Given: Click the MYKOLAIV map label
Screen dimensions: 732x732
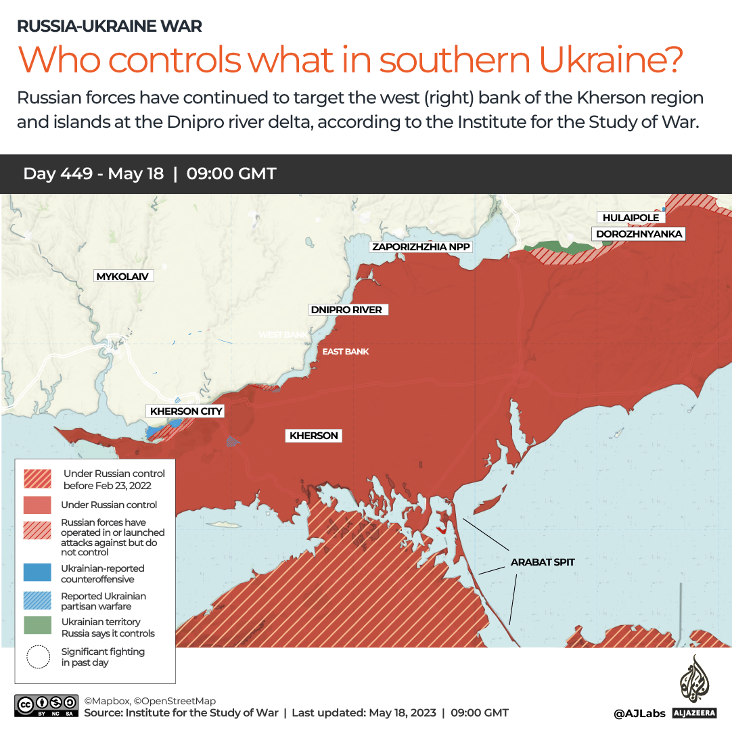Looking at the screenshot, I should pyautogui.click(x=122, y=276).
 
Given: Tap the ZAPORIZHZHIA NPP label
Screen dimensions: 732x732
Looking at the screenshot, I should pyautogui.click(x=421, y=247).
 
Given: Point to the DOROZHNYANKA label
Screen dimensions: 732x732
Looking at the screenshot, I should pyautogui.click(x=639, y=234).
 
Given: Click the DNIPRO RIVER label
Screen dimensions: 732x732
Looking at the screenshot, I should pyautogui.click(x=346, y=310).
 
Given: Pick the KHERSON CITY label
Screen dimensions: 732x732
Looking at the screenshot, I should pyautogui.click(x=186, y=411).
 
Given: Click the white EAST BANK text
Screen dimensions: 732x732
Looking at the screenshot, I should pyautogui.click(x=345, y=352).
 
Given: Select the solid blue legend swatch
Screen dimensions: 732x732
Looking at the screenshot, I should pyautogui.click(x=37, y=572).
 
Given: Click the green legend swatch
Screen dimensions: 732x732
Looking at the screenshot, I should pyautogui.click(x=37, y=626).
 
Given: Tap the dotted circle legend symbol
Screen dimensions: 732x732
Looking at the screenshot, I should pyautogui.click(x=38, y=657).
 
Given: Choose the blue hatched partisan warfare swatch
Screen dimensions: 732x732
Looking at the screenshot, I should pyautogui.click(x=37, y=600).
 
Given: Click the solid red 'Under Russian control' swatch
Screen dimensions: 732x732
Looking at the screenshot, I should pyautogui.click(x=37, y=505).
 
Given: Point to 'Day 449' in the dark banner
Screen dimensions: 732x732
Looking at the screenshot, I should pyautogui.click(x=58, y=174).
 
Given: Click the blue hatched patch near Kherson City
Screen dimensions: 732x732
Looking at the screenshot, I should pyautogui.click(x=233, y=442).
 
